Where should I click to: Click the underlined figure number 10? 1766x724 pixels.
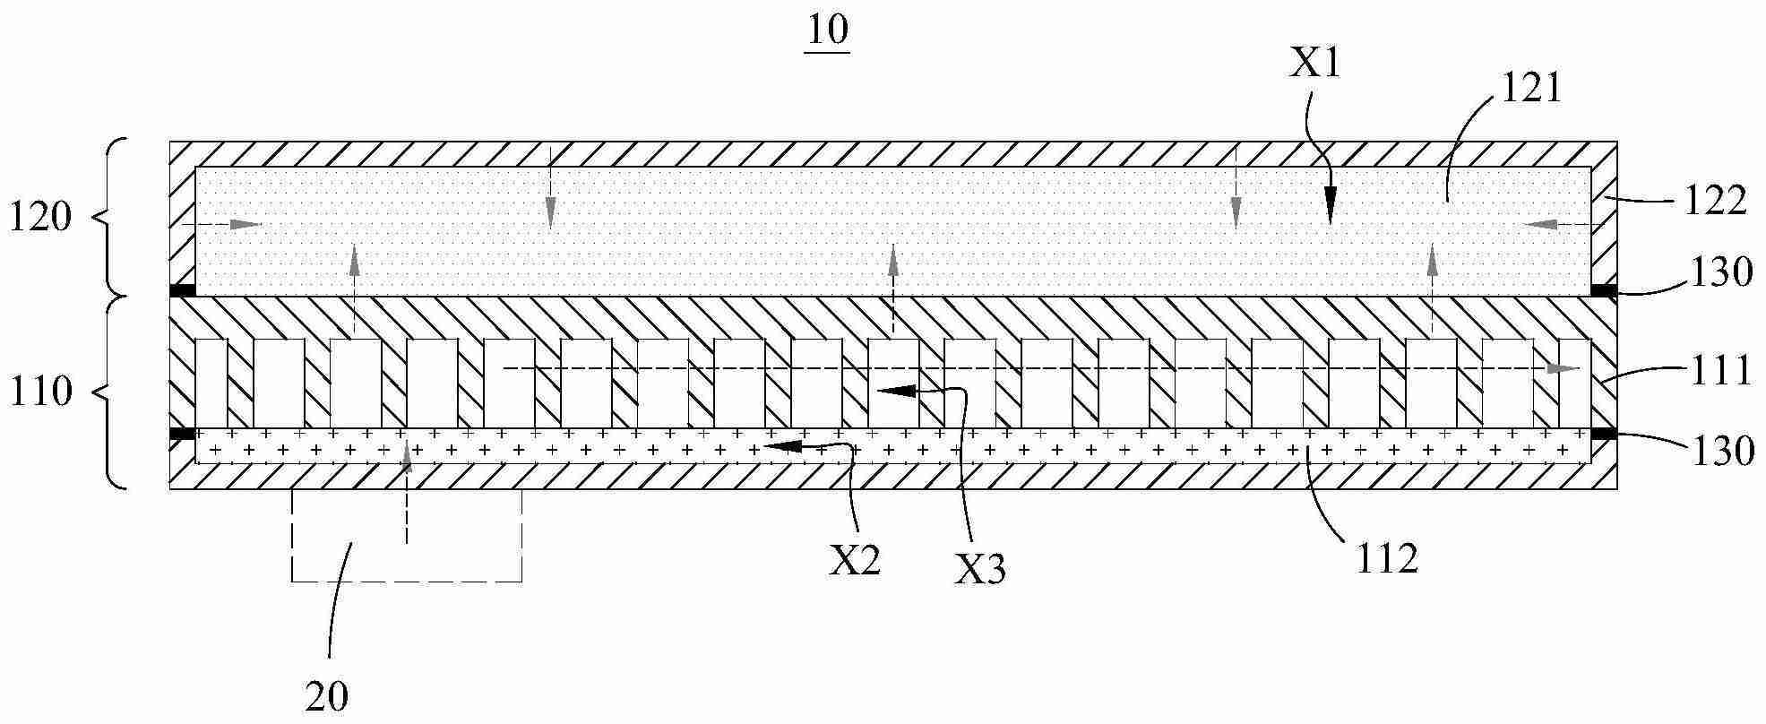828,32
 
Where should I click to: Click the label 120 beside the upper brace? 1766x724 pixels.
40,218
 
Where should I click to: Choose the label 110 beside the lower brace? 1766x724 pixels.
40,392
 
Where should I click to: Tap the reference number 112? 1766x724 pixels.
1386,558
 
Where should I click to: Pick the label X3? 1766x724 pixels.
979,569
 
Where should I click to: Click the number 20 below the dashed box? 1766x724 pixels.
326,696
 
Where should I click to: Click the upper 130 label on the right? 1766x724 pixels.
1719,272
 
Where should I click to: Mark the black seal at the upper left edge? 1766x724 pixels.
183,290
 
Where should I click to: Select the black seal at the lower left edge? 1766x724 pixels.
183,435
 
